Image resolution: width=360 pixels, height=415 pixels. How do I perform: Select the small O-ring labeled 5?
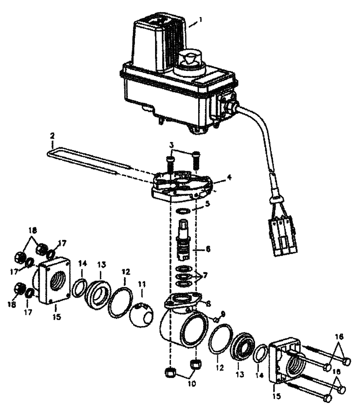[183, 211]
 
